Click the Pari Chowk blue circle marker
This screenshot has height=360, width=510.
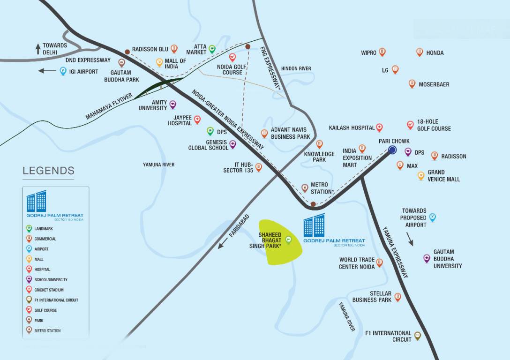[392, 150]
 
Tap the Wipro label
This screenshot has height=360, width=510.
[368, 53]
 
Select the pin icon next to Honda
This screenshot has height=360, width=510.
[420, 52]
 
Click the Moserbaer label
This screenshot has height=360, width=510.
[434, 84]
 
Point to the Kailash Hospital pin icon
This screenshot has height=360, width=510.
[379, 127]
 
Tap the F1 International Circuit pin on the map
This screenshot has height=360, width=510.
[418, 336]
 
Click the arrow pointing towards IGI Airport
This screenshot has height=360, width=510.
[47, 71]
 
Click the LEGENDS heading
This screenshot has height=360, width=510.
[48, 171]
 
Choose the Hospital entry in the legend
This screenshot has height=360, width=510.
[42, 270]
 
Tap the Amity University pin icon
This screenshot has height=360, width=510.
[172, 104]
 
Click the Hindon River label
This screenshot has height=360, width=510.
[296, 69]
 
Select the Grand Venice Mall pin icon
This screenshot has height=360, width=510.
[421, 176]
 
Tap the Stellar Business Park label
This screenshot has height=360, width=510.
[372, 297]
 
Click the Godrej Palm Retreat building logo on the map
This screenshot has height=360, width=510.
[314, 225]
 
